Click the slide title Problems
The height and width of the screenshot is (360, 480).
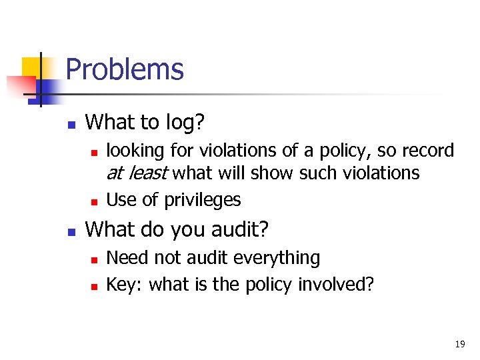pyautogui.click(x=125, y=69)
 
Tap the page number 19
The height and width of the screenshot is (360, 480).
pyautogui.click(x=459, y=344)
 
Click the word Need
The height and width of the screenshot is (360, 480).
pyautogui.click(x=125, y=258)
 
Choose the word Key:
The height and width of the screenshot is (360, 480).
pyautogui.click(x=125, y=285)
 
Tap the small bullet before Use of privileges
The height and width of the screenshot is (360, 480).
pyautogui.click(x=95, y=201)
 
